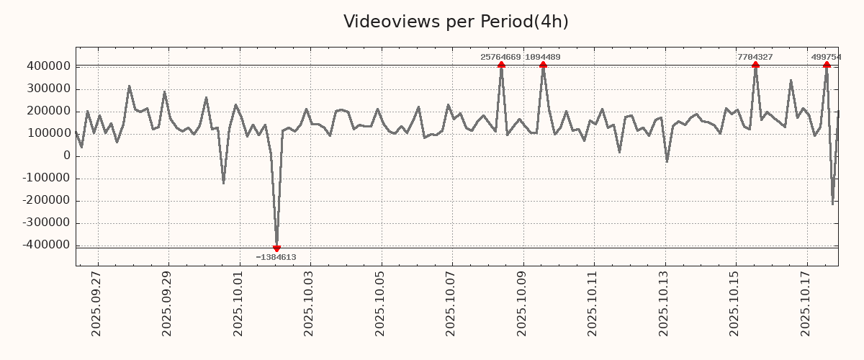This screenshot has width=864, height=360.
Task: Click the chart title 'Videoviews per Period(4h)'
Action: [x=456, y=22]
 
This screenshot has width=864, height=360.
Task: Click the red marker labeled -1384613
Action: [x=276, y=248]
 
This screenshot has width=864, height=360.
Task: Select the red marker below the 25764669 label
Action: [x=501, y=65]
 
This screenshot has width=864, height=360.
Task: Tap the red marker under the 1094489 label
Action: [x=543, y=65]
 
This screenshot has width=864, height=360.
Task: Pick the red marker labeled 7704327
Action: [x=755, y=65]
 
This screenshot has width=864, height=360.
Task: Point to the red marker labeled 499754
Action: [x=827, y=65]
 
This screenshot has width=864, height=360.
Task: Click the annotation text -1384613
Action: [x=276, y=257]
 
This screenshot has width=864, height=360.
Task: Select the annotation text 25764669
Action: [x=500, y=57]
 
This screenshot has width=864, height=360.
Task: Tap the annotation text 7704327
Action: [x=755, y=57]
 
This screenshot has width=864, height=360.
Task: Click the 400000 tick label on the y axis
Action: [x=48, y=66]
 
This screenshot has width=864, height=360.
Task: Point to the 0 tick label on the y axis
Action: [x=67, y=156]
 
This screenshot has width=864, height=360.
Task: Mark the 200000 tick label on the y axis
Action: [x=48, y=111]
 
